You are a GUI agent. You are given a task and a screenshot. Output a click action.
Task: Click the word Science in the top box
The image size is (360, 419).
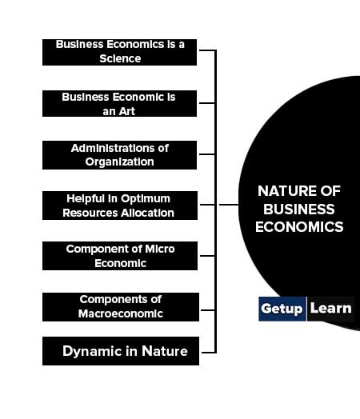[120, 58]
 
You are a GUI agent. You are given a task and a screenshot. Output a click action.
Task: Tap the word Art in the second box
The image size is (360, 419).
[126, 111]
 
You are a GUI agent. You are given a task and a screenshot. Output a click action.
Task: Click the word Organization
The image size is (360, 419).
[119, 162]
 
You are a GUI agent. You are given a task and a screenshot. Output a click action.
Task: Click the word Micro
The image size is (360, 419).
[160, 249]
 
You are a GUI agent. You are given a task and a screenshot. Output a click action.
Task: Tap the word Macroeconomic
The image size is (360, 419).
[121, 313]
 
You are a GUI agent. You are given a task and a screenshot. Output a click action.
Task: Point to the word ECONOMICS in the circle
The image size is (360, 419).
[299, 227]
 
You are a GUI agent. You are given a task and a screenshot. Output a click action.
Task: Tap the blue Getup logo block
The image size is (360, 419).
[282, 309]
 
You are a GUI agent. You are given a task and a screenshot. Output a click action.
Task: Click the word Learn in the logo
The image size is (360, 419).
[330, 309]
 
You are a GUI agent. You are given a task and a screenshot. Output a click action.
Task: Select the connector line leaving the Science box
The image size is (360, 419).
[207, 50]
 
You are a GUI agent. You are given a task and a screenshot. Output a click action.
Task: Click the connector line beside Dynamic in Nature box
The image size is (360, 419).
[208, 353]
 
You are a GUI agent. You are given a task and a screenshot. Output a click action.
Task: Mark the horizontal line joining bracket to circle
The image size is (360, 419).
[229, 205]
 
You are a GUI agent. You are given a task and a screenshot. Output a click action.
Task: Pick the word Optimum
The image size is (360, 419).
[146, 199]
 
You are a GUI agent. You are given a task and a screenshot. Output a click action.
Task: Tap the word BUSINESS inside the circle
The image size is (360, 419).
[299, 209]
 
